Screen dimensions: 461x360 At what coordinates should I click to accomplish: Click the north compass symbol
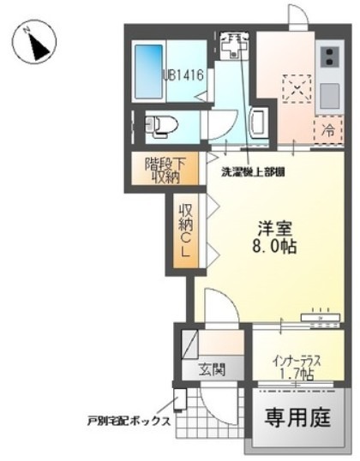pyautogui.click(x=35, y=41)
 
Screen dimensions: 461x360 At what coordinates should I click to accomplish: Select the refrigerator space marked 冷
pyautogui.click(x=328, y=131)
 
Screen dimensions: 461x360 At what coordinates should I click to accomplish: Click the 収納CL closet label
pyautogui.click(x=183, y=229)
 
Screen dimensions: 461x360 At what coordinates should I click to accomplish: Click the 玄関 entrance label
pyautogui.click(x=212, y=371)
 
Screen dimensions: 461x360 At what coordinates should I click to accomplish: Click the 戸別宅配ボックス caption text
pyautogui.click(x=128, y=422)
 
